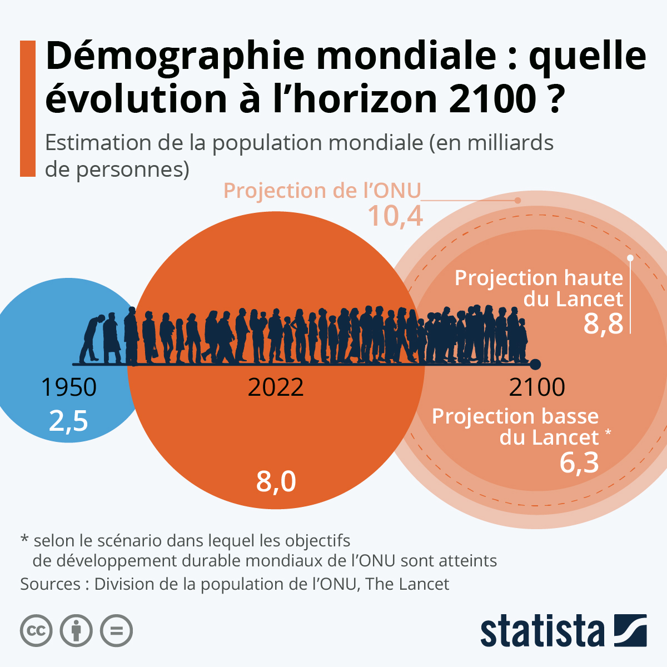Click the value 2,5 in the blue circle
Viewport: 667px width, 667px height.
click(68, 421)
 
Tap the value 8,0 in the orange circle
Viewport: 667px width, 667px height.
click(276, 481)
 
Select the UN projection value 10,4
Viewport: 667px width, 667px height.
click(395, 216)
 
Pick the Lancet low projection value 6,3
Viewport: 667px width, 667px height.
click(579, 462)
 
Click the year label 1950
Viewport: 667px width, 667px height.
click(69, 387)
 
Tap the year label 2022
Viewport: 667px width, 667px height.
click(276, 387)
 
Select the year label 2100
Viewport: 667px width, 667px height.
click(537, 387)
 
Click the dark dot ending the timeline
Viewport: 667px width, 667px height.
click(535, 365)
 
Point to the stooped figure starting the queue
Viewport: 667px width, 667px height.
click(91, 339)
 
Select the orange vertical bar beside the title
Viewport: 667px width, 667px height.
click(28, 108)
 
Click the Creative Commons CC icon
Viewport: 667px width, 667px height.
click(36, 630)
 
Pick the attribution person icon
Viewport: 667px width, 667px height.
click(76, 630)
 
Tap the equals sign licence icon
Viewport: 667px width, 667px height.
click(116, 630)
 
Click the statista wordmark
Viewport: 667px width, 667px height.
click(542, 632)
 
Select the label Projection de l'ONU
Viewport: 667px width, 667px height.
click(322, 191)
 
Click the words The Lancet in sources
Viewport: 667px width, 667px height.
click(407, 584)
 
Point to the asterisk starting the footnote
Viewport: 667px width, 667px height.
click(24, 539)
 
